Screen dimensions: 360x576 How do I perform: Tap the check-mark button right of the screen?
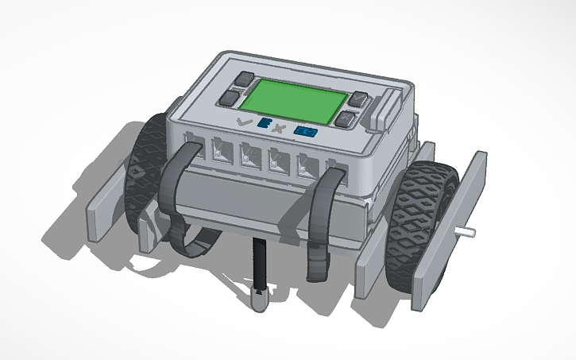[360, 101]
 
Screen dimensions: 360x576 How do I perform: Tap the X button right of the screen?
[346, 120]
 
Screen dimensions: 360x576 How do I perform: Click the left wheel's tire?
[143, 175]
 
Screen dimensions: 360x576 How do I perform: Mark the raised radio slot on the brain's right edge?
[386, 107]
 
